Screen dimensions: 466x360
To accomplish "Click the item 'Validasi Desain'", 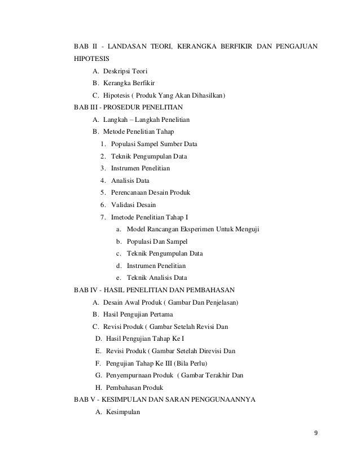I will tap(134, 205).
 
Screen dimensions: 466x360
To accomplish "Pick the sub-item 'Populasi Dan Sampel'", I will tap(160, 241).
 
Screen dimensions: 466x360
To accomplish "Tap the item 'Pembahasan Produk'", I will tap(134, 388).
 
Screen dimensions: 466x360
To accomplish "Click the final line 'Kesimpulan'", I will tap(122, 412).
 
